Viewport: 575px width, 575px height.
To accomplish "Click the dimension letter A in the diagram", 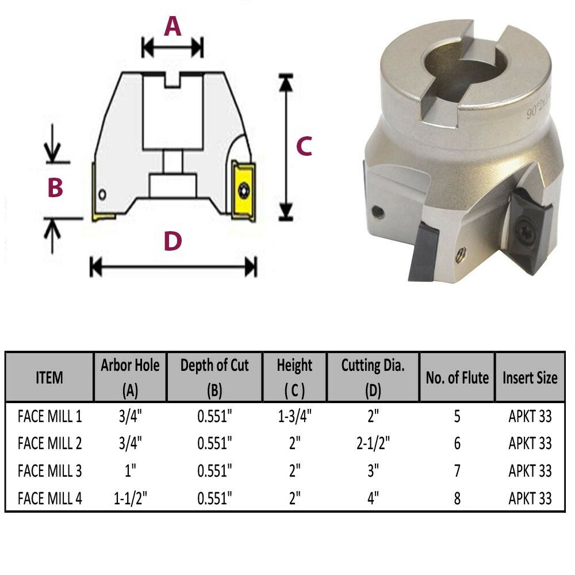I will click(x=172, y=26).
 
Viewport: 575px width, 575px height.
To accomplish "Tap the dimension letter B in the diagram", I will click(x=55, y=187).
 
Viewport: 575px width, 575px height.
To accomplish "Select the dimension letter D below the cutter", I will click(x=172, y=242).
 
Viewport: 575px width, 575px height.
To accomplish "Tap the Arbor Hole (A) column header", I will click(x=130, y=377).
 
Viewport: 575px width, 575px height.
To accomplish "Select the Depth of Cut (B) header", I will click(x=214, y=377).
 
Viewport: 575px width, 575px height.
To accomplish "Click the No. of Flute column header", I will click(x=457, y=378).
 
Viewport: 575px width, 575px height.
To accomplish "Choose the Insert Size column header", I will click(x=530, y=378).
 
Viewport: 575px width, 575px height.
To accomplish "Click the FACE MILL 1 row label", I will click(x=50, y=416).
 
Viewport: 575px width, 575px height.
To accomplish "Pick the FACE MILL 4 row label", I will click(x=50, y=499).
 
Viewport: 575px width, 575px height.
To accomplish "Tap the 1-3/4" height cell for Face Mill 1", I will click(x=294, y=416).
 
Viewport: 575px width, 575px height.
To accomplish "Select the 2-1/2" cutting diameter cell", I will click(x=373, y=443).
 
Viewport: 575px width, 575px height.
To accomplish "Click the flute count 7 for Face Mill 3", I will click(x=457, y=471).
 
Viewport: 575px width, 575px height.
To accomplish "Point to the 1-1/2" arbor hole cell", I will click(x=130, y=499).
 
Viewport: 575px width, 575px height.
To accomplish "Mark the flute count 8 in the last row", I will click(x=457, y=499).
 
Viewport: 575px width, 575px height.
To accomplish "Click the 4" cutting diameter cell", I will click(x=373, y=499).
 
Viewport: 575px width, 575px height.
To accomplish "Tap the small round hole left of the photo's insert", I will click(x=377, y=212).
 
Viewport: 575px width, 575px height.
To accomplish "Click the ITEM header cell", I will click(x=49, y=378).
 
